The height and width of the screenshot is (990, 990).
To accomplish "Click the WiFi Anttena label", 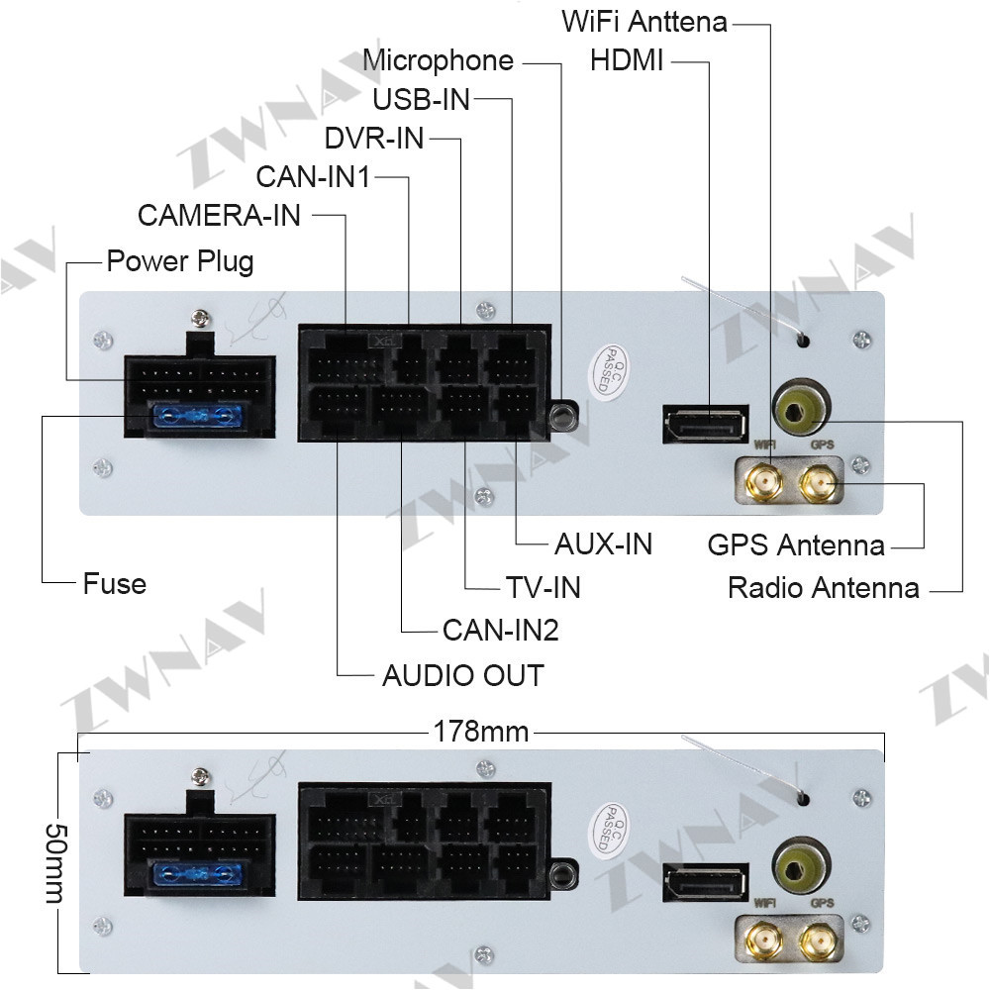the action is (x=644, y=22).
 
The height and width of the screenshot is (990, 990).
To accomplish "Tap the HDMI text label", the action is (x=627, y=61).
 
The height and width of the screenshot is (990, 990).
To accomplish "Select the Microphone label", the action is (x=439, y=60).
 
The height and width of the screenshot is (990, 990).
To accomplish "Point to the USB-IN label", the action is (x=421, y=100).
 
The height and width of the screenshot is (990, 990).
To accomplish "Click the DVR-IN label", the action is (x=374, y=139).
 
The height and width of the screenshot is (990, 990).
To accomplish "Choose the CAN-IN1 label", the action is (x=313, y=177).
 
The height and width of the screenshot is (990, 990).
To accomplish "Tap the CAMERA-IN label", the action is (x=219, y=215).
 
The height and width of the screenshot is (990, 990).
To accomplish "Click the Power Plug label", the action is (x=180, y=261).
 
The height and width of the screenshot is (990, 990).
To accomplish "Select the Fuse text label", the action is (x=115, y=583).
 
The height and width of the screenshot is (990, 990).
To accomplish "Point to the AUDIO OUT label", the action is (x=462, y=675).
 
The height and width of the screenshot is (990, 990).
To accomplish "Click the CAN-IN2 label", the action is (x=501, y=630).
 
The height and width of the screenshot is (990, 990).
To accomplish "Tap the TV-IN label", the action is (x=543, y=587).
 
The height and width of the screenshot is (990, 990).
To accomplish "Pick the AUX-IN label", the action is (x=603, y=544).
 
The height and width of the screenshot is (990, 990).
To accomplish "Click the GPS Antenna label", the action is (x=796, y=544).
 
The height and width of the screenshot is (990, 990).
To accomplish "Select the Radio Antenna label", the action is (x=824, y=588).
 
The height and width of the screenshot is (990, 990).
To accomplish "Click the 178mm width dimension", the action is (x=481, y=732).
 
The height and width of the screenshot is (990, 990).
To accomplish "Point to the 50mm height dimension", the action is (x=55, y=863).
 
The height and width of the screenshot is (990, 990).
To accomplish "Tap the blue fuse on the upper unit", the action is (x=198, y=417).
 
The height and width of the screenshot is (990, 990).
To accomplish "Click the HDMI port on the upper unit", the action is (x=705, y=424).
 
